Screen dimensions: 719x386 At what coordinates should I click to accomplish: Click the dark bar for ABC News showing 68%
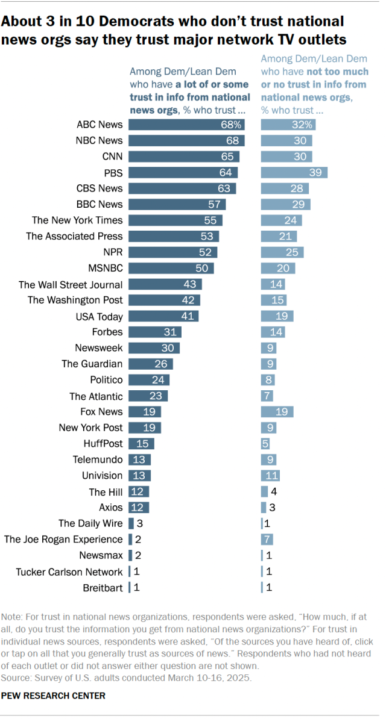[x=187, y=125]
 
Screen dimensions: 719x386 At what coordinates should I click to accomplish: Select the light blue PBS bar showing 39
[x=294, y=172]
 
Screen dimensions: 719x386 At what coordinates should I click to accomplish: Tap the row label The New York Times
[x=77, y=220]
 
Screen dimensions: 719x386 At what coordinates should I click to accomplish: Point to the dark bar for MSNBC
[x=171, y=268]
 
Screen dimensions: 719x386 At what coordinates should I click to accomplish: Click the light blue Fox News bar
[x=277, y=412]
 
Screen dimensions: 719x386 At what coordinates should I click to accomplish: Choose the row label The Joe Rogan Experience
[x=63, y=540]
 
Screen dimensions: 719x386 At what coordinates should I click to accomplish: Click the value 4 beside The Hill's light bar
[x=273, y=491]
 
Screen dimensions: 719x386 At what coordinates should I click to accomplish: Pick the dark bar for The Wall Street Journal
[x=165, y=284]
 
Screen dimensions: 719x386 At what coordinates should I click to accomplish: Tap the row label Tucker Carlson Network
[x=69, y=571]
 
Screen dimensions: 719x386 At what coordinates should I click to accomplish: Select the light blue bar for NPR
[x=282, y=252]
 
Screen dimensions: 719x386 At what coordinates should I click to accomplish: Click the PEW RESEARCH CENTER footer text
[x=54, y=696]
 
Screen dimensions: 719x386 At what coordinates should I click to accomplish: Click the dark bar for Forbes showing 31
[x=155, y=332]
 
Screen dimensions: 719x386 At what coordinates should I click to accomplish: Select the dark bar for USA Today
[x=163, y=316]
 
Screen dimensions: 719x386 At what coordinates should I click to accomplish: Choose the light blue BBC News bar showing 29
[x=285, y=205]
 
